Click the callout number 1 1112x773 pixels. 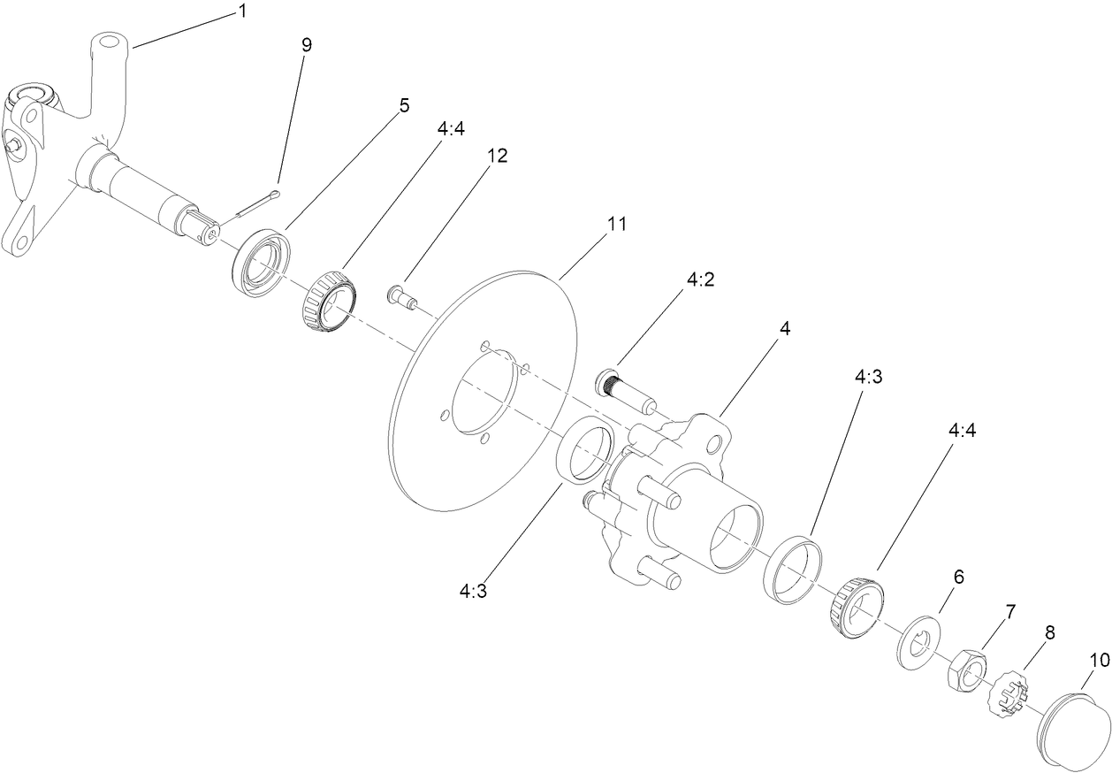tap(241, 12)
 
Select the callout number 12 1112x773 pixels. tap(497, 156)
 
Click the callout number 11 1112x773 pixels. tap(616, 224)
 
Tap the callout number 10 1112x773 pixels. tap(1099, 659)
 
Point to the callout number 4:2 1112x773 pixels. tap(699, 279)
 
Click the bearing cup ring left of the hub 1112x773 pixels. tap(584, 451)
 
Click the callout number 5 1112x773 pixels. tap(404, 105)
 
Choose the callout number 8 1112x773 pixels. tap(1049, 632)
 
